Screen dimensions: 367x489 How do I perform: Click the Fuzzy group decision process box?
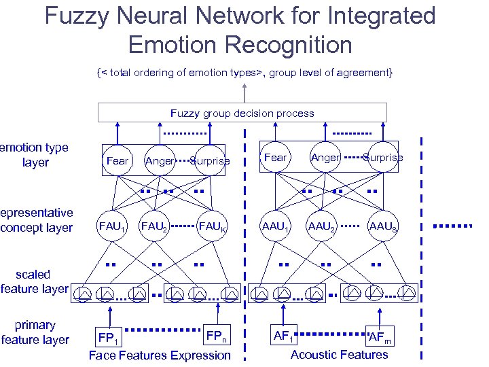[242, 113]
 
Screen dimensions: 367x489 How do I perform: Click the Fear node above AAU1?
[275, 158]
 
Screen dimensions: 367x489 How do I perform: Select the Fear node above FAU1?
[117, 161]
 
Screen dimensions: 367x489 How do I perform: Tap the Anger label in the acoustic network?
[325, 158]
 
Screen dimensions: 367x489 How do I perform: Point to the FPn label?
[217, 336]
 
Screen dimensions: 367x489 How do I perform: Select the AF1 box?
[284, 335]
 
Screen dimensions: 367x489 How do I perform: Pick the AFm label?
[378, 338]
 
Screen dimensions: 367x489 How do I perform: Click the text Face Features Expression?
[160, 355]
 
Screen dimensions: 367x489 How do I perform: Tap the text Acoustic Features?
[340, 354]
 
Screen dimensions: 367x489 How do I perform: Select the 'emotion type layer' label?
[35, 155]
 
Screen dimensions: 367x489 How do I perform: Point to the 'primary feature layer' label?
[35, 332]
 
